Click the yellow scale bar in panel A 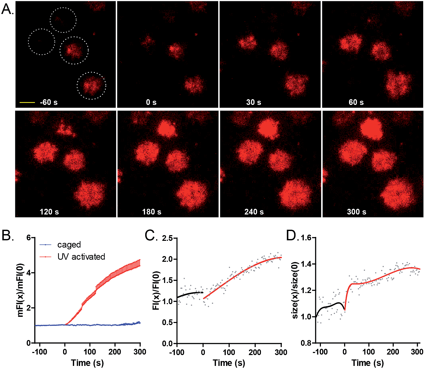(x=27, y=103)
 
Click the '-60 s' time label (x=49, y=102)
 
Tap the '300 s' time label (x=357, y=212)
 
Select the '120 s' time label (x=49, y=212)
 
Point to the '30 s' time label (x=253, y=102)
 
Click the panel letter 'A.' (x=7, y=10)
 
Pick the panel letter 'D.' (x=293, y=236)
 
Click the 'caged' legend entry (x=69, y=244)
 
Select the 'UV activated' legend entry (x=81, y=257)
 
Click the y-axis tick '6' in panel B (x=29, y=237)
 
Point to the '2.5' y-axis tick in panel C (x=167, y=238)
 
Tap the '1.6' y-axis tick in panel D (x=307, y=237)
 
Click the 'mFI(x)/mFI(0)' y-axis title (x=20, y=290)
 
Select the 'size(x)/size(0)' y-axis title (x=295, y=290)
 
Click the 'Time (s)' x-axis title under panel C (x=229, y=363)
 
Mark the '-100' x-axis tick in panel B (x=39, y=352)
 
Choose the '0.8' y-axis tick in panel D (x=307, y=343)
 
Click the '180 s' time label (x=152, y=212)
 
